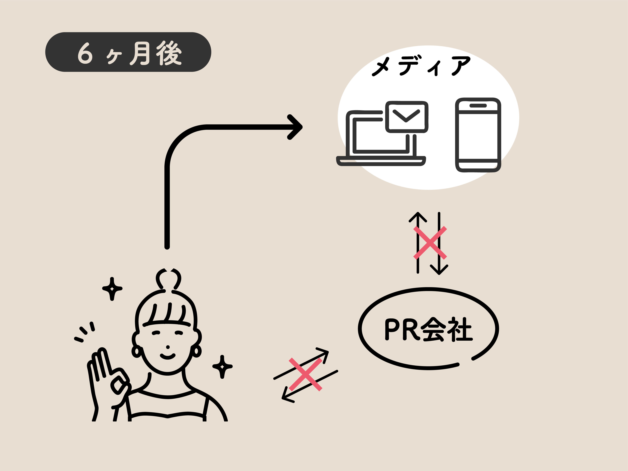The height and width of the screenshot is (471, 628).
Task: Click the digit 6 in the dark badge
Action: point(85,53)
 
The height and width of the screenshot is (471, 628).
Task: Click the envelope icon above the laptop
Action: point(407,116)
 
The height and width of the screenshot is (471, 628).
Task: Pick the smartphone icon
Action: point(478,135)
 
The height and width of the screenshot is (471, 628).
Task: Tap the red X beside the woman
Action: point(306,374)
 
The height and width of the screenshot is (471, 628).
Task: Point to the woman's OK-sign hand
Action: point(109,375)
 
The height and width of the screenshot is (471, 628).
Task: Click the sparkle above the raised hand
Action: point(112,289)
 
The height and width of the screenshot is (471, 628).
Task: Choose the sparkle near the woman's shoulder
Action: point(222,366)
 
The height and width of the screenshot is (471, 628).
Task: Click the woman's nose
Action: point(168,347)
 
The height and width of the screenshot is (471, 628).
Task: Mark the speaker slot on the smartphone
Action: point(478,106)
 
